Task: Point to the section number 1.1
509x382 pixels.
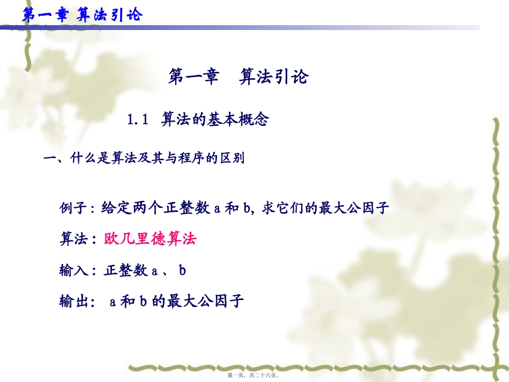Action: click(137, 119)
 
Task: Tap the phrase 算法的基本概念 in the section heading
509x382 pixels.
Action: click(214, 119)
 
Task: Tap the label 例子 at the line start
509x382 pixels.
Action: click(72, 208)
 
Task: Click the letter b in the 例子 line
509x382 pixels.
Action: click(247, 208)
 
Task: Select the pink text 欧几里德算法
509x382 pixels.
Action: click(151, 239)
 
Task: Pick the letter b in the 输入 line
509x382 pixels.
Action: click(182, 271)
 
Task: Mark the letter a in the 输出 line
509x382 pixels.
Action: click(113, 302)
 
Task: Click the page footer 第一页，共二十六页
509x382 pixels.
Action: click(254, 376)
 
